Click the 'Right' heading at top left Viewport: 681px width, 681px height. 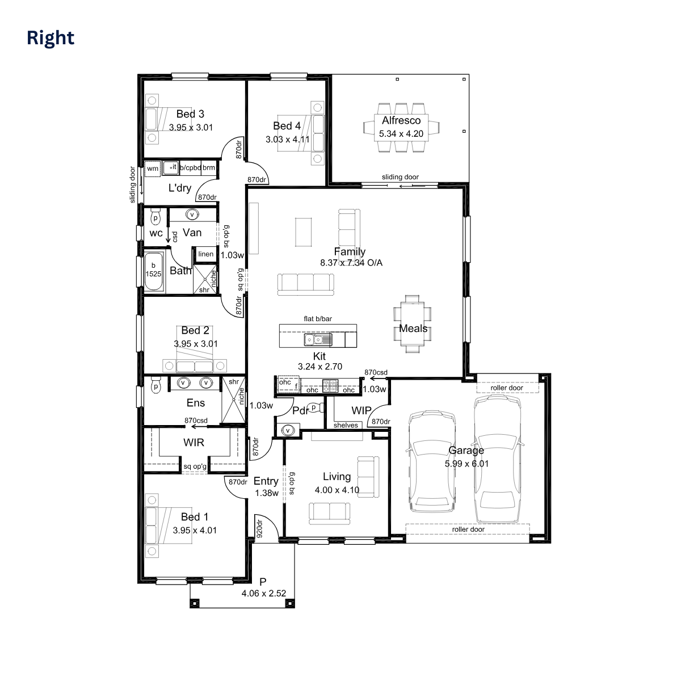click(x=51, y=38)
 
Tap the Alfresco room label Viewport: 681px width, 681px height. click(x=401, y=120)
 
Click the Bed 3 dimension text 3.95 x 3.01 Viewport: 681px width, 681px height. click(x=191, y=128)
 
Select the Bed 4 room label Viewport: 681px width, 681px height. click(x=287, y=126)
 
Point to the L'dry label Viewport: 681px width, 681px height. click(x=179, y=188)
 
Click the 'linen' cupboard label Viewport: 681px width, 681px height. click(x=206, y=254)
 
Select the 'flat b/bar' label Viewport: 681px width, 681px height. click(x=318, y=319)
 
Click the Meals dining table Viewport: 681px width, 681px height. click(x=413, y=323)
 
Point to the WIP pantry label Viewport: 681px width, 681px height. click(x=361, y=410)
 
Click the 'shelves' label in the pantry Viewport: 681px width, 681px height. click(x=346, y=425)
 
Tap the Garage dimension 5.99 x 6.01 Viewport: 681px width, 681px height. click(x=466, y=464)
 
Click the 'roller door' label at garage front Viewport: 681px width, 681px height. click(x=468, y=529)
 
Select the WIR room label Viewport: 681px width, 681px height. click(x=194, y=442)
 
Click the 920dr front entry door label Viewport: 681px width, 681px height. click(x=259, y=528)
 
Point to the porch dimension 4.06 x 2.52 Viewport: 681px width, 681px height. click(x=263, y=594)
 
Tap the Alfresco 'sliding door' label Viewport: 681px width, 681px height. click(x=400, y=177)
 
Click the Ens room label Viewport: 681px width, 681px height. click(x=196, y=403)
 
